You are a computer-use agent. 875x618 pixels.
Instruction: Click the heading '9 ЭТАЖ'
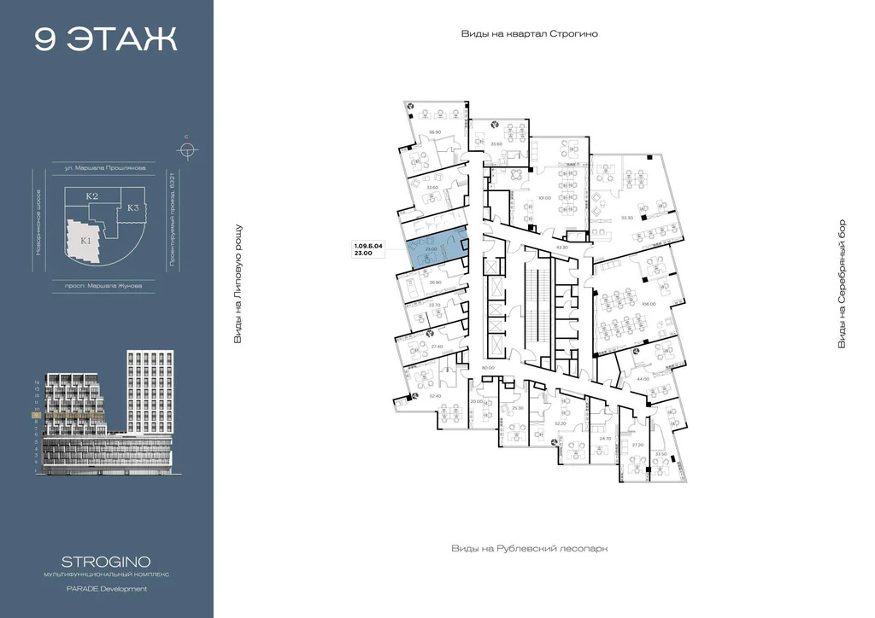point(106,39)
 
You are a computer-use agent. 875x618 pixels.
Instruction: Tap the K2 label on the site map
point(92,196)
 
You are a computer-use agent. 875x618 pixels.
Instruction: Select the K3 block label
point(133,207)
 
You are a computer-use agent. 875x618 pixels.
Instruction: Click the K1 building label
point(86,242)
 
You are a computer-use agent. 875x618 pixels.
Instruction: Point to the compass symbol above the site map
point(186,149)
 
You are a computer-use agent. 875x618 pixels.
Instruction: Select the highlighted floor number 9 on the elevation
point(36,416)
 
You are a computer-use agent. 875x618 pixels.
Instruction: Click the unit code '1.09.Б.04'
point(369,246)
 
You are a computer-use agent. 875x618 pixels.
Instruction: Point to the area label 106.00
point(649,304)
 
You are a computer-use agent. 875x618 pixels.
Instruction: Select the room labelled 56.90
point(434,132)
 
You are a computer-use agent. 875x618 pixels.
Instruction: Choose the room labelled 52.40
point(434,396)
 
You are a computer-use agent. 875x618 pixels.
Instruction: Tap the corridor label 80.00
point(489,367)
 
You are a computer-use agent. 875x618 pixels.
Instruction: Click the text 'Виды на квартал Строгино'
point(529,33)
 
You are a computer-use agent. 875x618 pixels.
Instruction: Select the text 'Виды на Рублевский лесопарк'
point(529,549)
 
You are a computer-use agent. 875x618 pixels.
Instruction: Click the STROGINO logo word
point(107,562)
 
